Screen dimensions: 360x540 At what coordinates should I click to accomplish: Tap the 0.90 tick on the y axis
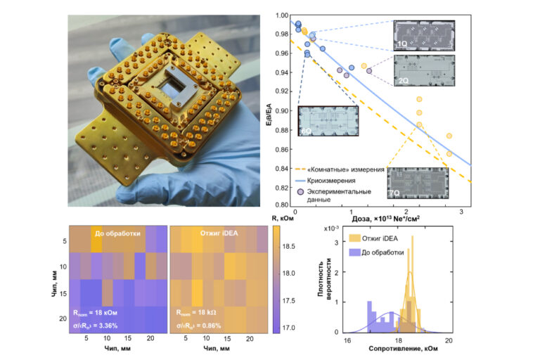tap(281, 110)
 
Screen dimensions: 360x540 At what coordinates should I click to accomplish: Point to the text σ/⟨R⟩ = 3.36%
tap(107, 326)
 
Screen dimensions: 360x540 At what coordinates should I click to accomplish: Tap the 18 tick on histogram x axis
tap(397, 338)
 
